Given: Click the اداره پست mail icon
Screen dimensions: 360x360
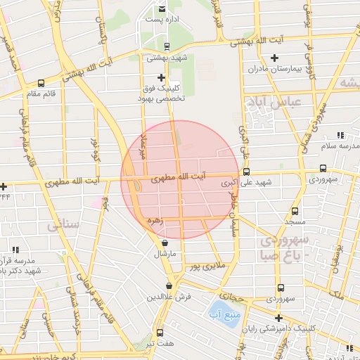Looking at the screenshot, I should click(162, 9).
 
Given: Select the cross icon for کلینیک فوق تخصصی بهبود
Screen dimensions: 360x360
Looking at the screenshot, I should click(161, 78).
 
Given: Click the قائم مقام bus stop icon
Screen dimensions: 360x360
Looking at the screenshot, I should click(41, 83).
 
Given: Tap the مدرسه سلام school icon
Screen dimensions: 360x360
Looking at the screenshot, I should click(340, 135).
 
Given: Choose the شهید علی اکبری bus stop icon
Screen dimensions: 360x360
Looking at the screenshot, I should click(245, 172).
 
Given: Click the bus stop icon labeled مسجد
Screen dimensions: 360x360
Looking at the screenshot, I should click(294, 210).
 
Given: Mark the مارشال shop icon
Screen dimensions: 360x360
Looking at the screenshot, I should click(165, 243).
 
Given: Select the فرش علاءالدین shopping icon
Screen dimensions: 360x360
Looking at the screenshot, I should click(169, 285).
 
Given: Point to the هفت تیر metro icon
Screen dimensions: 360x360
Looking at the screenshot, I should click(159, 332).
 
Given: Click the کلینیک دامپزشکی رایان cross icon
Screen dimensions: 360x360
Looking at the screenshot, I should click(279, 318).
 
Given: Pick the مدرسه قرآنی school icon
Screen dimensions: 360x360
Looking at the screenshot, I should click(15, 249).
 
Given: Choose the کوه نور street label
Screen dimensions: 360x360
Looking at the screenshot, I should click(94, 149).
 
